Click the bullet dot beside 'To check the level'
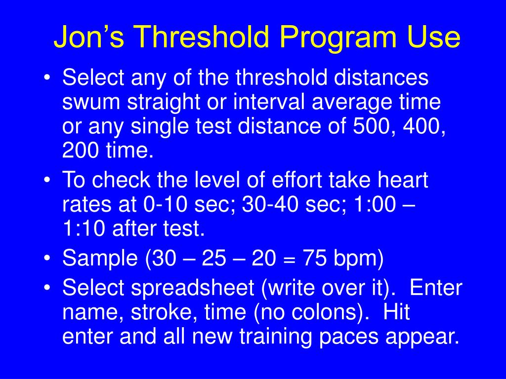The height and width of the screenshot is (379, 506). pyautogui.click(x=47, y=181)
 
